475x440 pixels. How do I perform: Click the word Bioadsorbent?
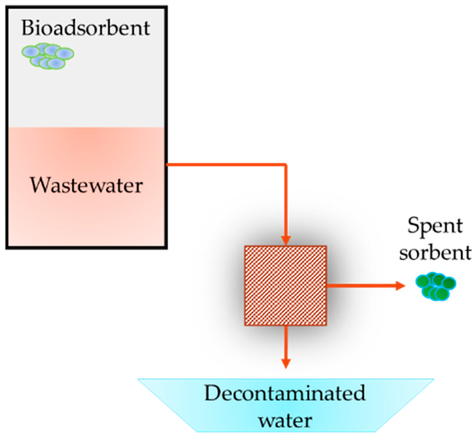(85, 28)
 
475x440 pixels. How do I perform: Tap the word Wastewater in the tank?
(86, 185)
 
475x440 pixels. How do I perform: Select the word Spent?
(435, 226)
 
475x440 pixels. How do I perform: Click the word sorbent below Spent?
(435, 253)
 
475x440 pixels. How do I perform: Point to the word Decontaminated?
(284, 393)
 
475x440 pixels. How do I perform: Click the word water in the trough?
(285, 420)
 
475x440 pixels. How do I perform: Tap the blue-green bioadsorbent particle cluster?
(48, 56)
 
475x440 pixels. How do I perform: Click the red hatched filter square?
(285, 285)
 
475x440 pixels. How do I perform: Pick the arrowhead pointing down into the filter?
(286, 240)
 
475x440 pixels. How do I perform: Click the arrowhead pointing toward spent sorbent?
(400, 285)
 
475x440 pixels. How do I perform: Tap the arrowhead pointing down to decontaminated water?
(286, 363)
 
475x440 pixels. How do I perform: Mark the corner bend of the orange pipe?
(286, 165)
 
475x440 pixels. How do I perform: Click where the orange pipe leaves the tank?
(168, 164)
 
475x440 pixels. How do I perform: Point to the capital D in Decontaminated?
(213, 393)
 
